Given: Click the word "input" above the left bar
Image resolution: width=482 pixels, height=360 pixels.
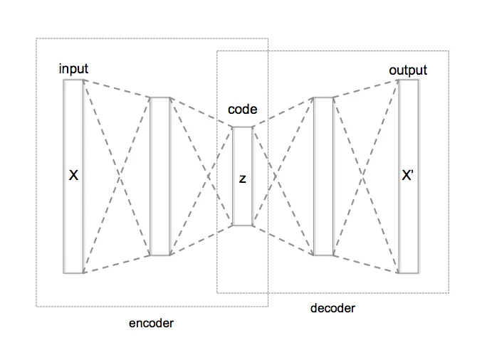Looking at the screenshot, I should pyautogui.click(x=74, y=69).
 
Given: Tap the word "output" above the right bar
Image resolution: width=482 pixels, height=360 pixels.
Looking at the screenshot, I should pyautogui.click(x=408, y=70).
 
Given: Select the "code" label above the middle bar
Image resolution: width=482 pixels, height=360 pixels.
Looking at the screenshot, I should pyautogui.click(x=242, y=110).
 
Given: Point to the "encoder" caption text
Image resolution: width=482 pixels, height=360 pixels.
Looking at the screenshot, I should pyautogui.click(x=151, y=323).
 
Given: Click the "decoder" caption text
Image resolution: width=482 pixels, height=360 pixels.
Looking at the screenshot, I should pyautogui.click(x=332, y=308).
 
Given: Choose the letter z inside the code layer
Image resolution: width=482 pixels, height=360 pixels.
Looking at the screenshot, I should pyautogui.click(x=242, y=179).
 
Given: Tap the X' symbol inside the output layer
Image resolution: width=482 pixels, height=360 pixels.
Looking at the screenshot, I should pyautogui.click(x=408, y=176).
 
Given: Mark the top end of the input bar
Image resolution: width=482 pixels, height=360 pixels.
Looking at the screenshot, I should pyautogui.click(x=73, y=80).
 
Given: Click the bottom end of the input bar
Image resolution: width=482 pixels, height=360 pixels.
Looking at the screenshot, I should pyautogui.click(x=73, y=272).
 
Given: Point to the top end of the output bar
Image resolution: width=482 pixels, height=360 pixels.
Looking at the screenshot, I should pyautogui.click(x=408, y=80).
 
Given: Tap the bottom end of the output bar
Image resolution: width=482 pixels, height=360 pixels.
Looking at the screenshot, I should pyautogui.click(x=408, y=272).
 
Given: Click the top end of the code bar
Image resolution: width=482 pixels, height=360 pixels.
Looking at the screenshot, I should pyautogui.click(x=242, y=128).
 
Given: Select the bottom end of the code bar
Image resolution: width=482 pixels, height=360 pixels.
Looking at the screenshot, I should pyautogui.click(x=242, y=225).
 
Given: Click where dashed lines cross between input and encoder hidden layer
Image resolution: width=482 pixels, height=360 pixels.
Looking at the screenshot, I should pyautogui.click(x=116, y=175).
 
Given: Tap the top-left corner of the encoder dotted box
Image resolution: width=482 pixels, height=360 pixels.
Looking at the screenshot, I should pyautogui.click(x=36, y=38).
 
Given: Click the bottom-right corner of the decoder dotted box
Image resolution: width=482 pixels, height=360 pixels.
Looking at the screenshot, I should pyautogui.click(x=449, y=292).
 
